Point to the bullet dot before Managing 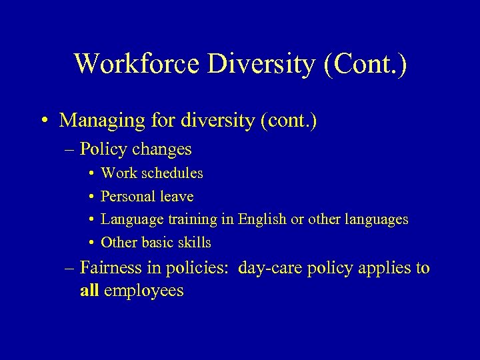pos(43,121)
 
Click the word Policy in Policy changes pos(101,149)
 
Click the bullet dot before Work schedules pos(89,173)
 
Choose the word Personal pos(128,197)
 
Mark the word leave pos(177,197)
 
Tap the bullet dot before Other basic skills pos(89,243)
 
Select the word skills pos(195,243)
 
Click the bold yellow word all pos(89,291)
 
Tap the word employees pos(143,291)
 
